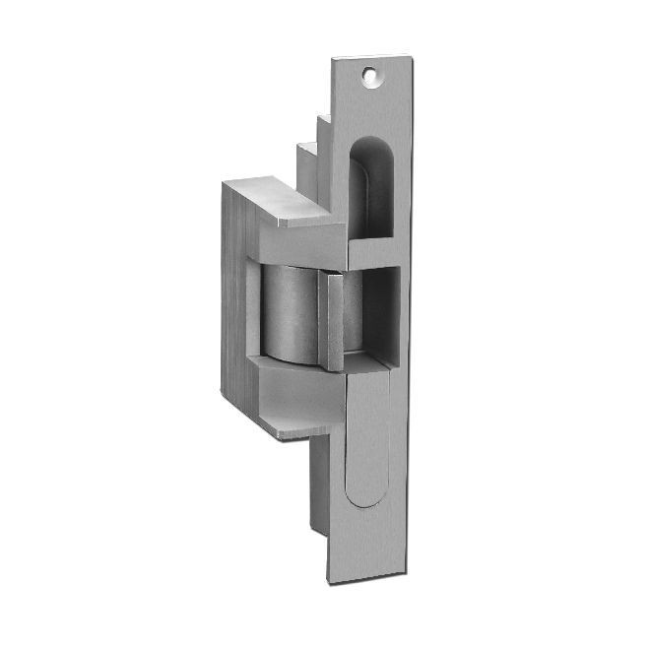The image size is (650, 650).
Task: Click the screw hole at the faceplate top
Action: [x=370, y=73]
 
